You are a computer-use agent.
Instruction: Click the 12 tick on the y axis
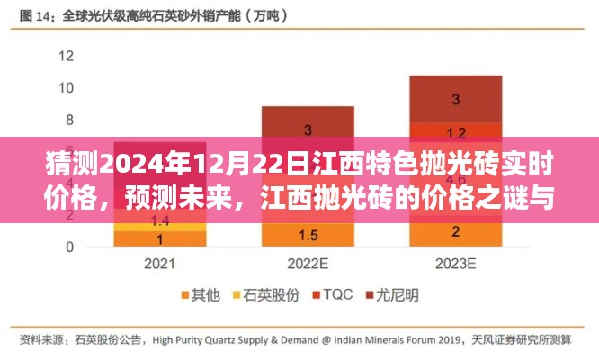(x=65, y=55)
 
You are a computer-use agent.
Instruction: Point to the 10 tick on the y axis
(x=65, y=87)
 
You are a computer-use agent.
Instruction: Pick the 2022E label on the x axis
(x=308, y=265)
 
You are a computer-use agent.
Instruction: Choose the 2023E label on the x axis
(x=455, y=265)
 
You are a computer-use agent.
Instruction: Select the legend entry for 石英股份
(x=261, y=294)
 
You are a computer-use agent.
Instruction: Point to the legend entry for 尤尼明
(x=391, y=294)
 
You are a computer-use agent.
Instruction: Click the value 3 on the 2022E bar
(x=308, y=130)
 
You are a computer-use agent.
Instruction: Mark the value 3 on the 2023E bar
(x=456, y=98)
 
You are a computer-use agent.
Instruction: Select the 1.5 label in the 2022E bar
(x=308, y=236)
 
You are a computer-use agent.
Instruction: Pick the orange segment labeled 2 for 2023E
(x=456, y=231)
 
